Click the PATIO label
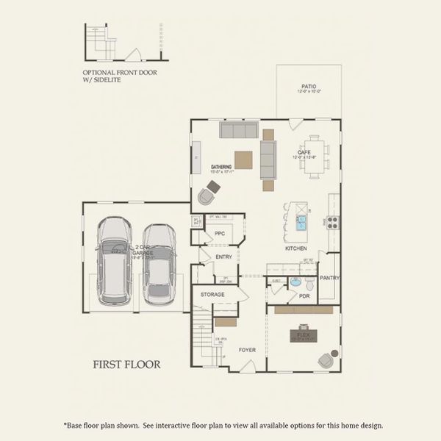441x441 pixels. point(309,86)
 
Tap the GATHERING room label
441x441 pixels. point(221,167)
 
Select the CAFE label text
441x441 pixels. point(304,151)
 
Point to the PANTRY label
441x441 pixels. point(330,278)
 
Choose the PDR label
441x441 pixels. point(305,295)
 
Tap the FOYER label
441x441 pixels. point(248,350)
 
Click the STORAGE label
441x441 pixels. point(212,295)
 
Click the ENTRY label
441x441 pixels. point(223,257)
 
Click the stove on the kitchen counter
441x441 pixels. point(332,222)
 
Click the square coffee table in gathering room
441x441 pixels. point(244,159)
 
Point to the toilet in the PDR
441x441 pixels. point(309,283)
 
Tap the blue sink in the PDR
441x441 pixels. point(295,282)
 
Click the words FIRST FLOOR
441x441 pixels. point(126,363)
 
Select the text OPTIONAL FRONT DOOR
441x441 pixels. point(113,73)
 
